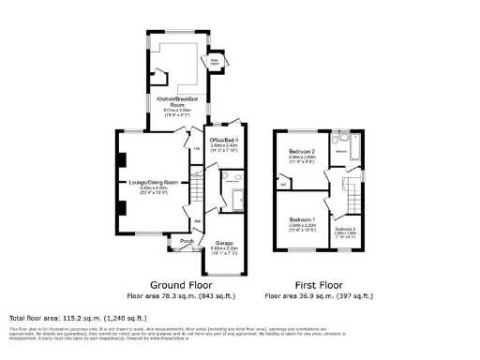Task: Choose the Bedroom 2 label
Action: coord(301,151)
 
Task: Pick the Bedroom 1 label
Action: coord(301,220)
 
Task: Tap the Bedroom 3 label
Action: coord(345,229)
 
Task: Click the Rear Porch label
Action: coord(215,64)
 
